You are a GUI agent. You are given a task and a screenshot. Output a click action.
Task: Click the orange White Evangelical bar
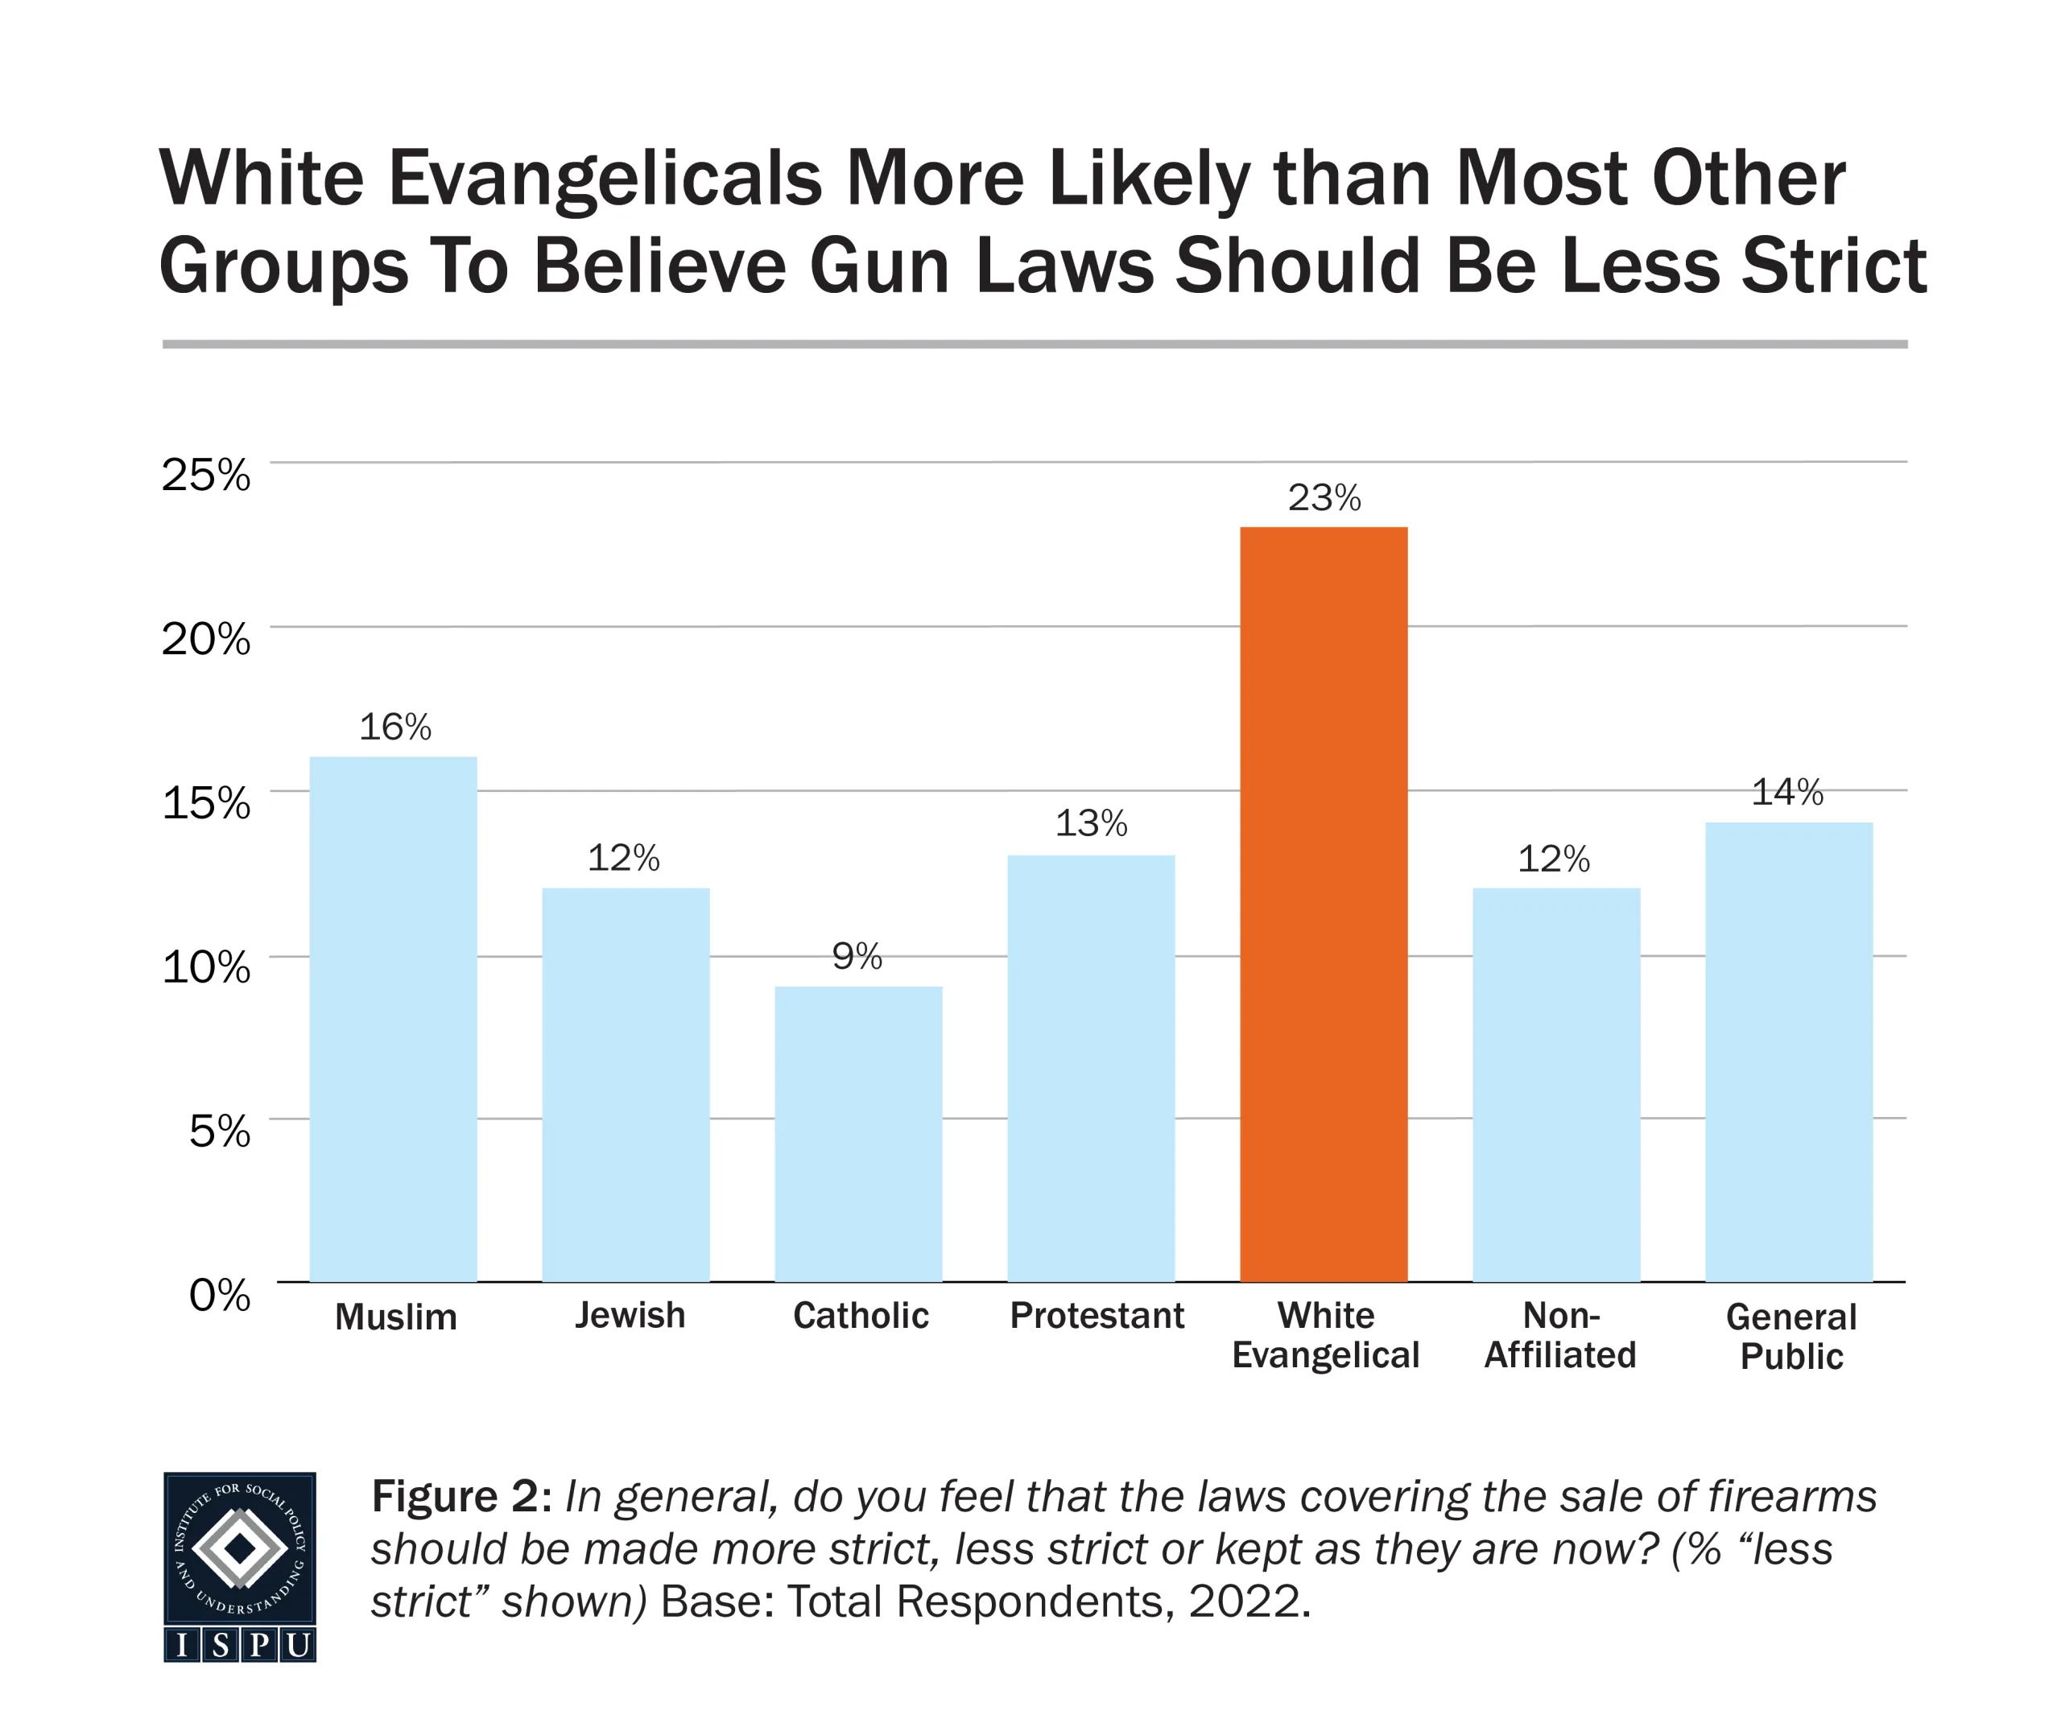(x=1323, y=903)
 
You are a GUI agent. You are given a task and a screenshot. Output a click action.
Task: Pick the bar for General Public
(x=1788, y=1051)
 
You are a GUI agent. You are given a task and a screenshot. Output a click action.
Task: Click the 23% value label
(x=1324, y=498)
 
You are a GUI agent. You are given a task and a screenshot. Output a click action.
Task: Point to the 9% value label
(x=857, y=956)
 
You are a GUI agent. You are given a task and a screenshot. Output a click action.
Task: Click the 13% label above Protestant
(x=1090, y=823)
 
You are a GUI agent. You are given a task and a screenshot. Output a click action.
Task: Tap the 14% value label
(x=1787, y=792)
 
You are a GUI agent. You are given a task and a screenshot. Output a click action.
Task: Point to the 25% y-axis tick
(x=206, y=475)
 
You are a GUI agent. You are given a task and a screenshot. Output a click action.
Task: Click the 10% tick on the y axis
(x=206, y=967)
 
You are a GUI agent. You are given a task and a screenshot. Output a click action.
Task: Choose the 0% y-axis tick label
(x=219, y=1296)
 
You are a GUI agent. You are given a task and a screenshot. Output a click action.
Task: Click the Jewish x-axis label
(x=629, y=1316)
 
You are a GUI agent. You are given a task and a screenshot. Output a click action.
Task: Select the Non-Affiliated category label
(x=1559, y=1334)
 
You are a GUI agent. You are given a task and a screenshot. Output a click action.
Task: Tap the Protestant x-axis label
(x=1097, y=1316)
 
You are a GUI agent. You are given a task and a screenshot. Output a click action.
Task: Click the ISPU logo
(x=239, y=1566)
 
